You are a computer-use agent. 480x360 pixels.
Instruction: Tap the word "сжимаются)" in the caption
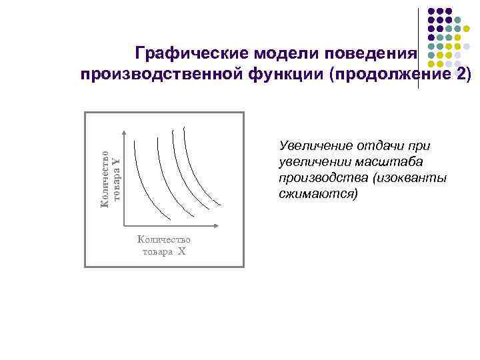click(x=319, y=194)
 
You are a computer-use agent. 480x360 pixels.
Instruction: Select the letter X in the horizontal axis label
click(x=181, y=252)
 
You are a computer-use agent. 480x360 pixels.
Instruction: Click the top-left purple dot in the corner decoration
click(x=431, y=11)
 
